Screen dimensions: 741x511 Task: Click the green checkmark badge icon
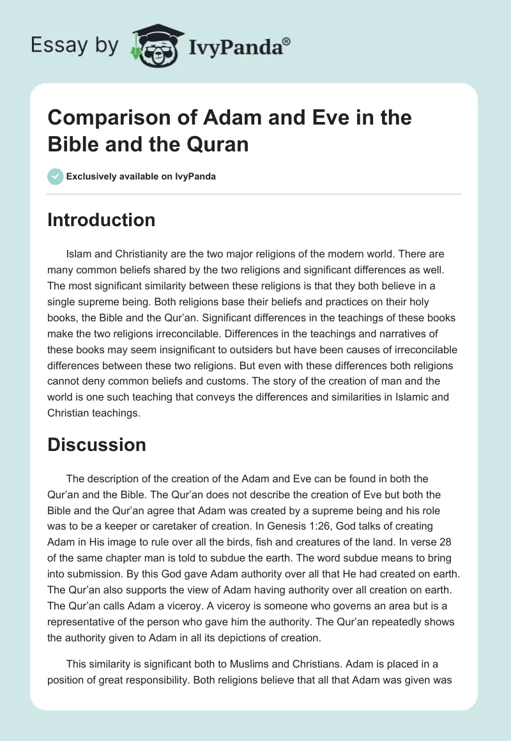point(55,176)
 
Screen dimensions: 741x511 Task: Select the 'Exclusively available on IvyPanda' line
point(141,176)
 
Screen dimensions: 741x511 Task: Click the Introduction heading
point(101,220)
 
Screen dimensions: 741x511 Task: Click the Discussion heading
point(96,445)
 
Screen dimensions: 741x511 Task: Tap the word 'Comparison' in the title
point(102,118)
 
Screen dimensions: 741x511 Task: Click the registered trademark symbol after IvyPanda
point(287,41)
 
